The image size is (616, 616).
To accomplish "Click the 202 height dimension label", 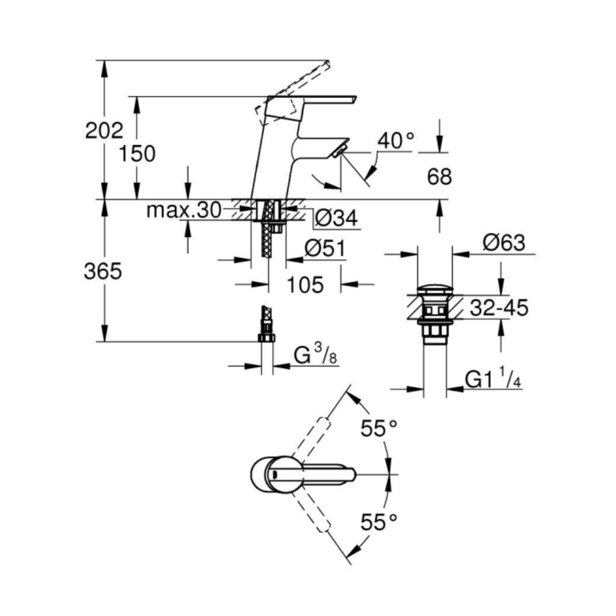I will coord(105,130).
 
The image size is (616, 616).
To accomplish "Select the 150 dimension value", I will coord(137,153).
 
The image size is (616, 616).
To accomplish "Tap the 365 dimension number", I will coord(103,272).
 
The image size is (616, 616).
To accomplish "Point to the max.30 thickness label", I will coord(184,211).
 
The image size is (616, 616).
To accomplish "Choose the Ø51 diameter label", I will coord(324,248).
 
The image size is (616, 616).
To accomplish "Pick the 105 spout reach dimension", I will coord(305,285).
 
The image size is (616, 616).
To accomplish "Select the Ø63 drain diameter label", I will coord(504,243).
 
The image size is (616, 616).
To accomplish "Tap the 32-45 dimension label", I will coord(499,308).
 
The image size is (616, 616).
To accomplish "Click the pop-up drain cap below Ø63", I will coord(435,289).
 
